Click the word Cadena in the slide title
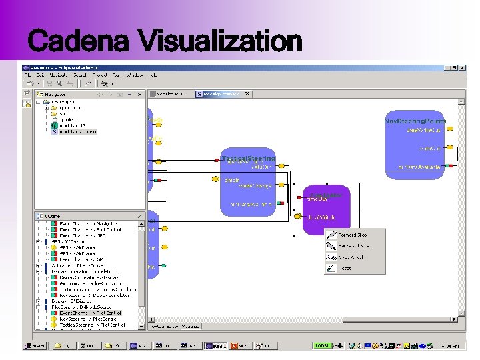(77, 42)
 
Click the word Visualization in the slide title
(220, 42)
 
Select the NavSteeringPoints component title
(415, 121)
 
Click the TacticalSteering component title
(247, 158)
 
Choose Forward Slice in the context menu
(352, 235)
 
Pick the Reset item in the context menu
(345, 268)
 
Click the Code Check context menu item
(351, 257)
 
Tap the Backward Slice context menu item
(353, 246)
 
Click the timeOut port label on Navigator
(317, 199)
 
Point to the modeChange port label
(255, 186)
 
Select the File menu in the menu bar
(29, 75)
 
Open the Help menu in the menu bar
(153, 75)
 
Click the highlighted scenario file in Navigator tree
(78, 132)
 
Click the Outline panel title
(52, 216)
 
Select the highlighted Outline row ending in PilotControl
(91, 313)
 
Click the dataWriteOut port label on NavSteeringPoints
(423, 130)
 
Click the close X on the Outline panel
(140, 216)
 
